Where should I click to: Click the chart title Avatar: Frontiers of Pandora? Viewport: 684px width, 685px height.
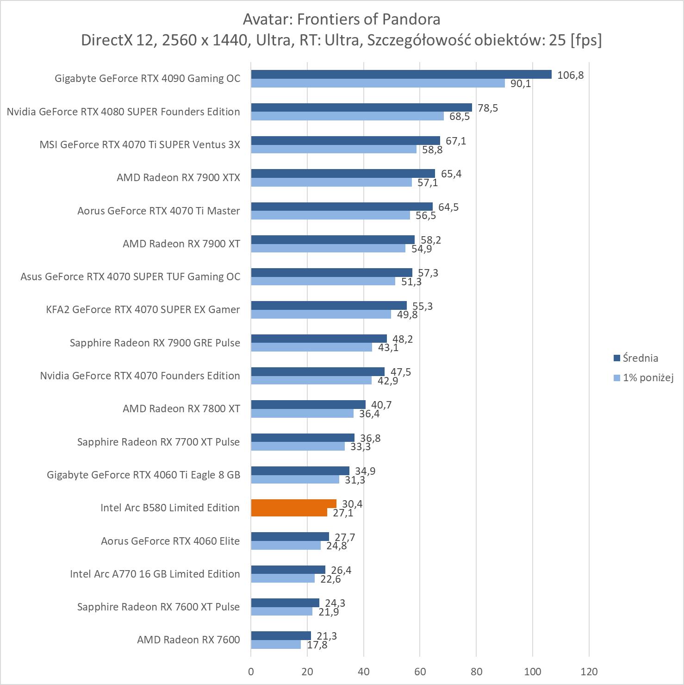click(x=342, y=19)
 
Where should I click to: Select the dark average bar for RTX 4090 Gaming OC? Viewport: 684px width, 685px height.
click(x=401, y=75)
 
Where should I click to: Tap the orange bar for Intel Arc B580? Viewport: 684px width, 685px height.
click(x=293, y=508)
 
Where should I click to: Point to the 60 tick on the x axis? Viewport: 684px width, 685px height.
click(x=420, y=671)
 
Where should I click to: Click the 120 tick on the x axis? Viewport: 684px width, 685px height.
click(x=589, y=671)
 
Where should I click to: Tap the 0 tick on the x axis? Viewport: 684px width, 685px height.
click(x=251, y=671)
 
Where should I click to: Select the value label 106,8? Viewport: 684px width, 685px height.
click(x=570, y=75)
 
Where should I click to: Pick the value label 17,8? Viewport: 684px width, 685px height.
click(x=317, y=645)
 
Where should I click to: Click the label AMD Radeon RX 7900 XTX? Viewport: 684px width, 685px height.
click(x=178, y=177)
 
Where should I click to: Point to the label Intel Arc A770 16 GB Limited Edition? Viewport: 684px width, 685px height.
click(x=155, y=574)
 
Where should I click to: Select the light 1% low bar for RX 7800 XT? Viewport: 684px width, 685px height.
click(x=302, y=414)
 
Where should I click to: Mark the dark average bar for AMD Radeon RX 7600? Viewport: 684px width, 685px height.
click(x=281, y=635)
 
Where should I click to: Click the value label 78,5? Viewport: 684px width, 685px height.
click(x=488, y=108)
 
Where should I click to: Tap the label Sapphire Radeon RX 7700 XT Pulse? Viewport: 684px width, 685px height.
click(x=158, y=442)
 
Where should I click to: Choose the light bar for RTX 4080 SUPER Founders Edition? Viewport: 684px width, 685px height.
click(x=347, y=116)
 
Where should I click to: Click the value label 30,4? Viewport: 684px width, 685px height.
click(x=352, y=504)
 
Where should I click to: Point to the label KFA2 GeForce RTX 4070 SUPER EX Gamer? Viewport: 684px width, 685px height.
click(x=143, y=309)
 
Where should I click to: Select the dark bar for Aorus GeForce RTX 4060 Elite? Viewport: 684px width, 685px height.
click(x=290, y=536)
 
